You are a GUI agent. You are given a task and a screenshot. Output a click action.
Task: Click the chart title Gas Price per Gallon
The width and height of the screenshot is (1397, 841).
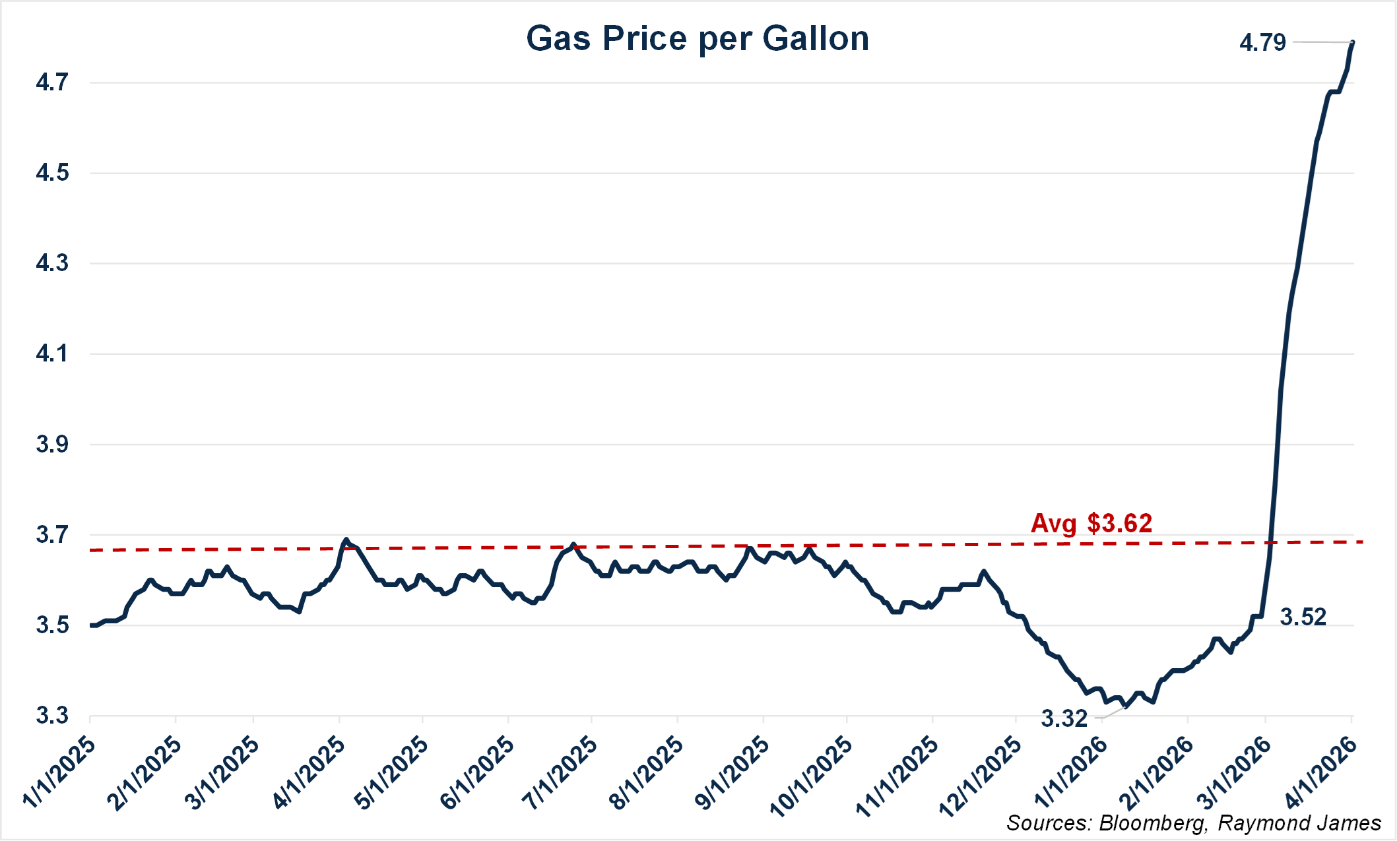(698, 38)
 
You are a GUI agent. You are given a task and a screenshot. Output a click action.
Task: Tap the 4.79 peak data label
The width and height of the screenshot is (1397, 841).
(1262, 43)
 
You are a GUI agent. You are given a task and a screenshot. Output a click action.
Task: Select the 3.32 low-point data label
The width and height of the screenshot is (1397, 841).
(1064, 718)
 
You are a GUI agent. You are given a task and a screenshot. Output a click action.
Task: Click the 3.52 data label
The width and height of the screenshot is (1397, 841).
(1303, 617)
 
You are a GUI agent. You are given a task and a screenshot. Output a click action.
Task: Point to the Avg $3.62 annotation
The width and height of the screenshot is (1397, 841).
(1091, 523)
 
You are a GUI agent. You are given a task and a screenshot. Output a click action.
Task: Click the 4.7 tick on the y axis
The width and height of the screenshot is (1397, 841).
(52, 82)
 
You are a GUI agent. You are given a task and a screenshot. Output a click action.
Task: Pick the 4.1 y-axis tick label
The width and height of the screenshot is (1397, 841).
(52, 354)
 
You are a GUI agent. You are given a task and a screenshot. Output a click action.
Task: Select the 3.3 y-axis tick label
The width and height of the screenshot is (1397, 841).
(52, 716)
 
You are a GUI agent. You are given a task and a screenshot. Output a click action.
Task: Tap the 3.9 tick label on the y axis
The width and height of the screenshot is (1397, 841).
(52, 445)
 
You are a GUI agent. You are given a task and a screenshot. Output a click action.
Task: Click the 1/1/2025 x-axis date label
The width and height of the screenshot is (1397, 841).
(59, 772)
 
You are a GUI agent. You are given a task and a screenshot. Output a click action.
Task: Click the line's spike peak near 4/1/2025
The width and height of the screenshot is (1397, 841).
(346, 540)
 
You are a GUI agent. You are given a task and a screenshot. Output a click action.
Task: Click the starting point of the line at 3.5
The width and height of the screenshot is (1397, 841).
(92, 625)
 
